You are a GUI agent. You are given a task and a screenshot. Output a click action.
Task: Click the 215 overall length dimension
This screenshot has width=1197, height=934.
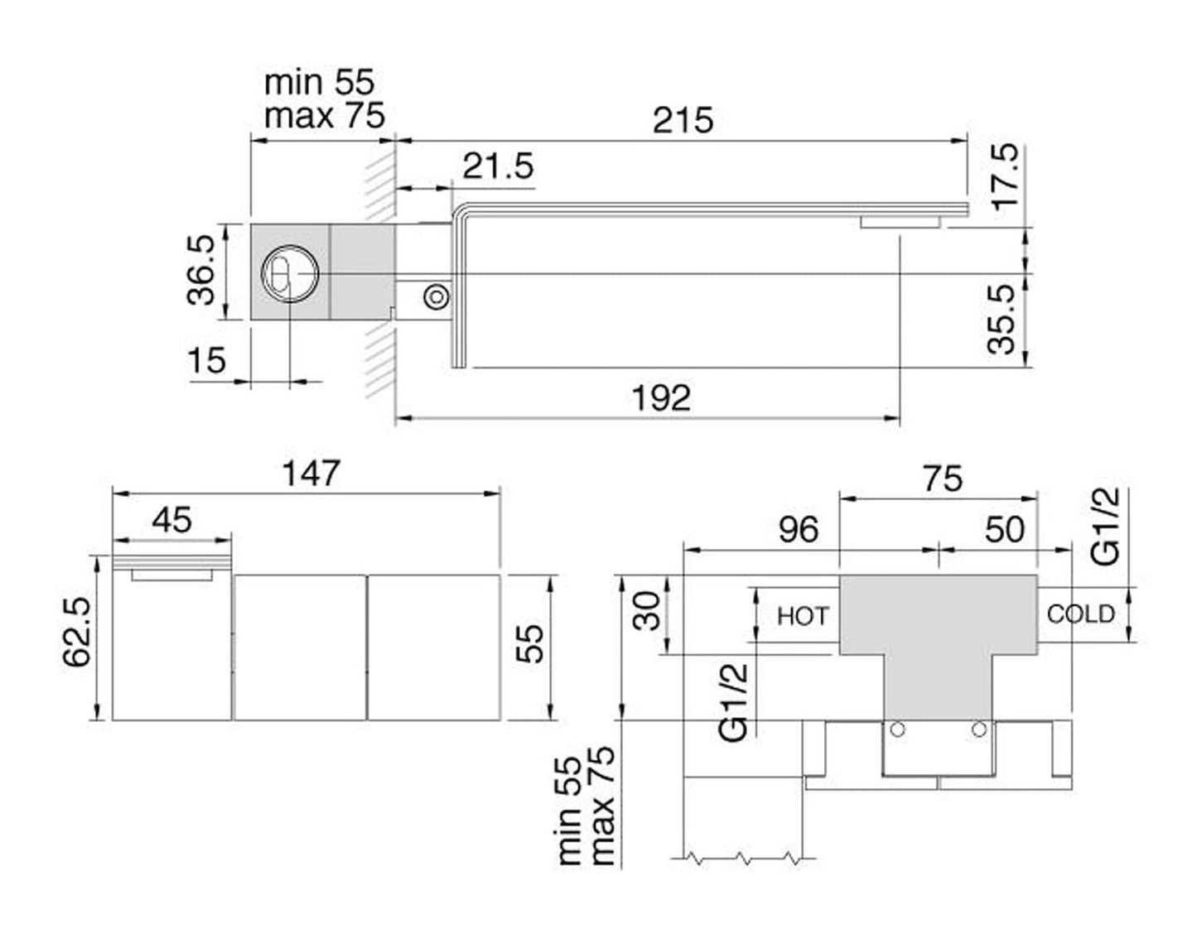[683, 120]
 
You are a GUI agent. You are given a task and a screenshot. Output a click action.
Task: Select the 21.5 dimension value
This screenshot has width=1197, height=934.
[498, 166]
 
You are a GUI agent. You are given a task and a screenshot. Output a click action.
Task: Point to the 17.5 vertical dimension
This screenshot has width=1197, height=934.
[1007, 177]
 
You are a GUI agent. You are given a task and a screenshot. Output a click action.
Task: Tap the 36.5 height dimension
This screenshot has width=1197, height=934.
[201, 269]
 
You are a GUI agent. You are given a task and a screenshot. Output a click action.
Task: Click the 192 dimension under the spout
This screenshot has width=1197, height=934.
[661, 398]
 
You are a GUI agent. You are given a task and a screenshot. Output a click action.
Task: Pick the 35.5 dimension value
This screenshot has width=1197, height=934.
[1003, 320]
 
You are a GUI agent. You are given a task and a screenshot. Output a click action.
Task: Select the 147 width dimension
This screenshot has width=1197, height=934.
[311, 473]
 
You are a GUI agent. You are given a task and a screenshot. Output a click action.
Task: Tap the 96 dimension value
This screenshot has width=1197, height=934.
[798, 529]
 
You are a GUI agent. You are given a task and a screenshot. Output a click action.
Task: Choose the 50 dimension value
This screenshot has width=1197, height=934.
[1004, 529]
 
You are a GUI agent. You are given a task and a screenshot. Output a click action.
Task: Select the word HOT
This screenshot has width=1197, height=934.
[802, 616]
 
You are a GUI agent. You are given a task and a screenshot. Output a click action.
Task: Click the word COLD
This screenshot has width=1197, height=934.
[1080, 614]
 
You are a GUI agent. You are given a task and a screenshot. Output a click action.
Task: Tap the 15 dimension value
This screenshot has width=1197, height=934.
[206, 360]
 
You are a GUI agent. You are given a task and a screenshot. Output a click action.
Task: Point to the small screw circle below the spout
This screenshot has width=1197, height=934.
[435, 296]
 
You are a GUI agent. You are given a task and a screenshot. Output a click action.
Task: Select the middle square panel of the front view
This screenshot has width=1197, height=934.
[300, 647]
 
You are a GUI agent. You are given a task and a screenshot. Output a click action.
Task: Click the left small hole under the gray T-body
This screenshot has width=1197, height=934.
[896, 729]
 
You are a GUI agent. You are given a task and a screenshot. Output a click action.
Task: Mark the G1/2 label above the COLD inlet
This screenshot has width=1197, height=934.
[1106, 526]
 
